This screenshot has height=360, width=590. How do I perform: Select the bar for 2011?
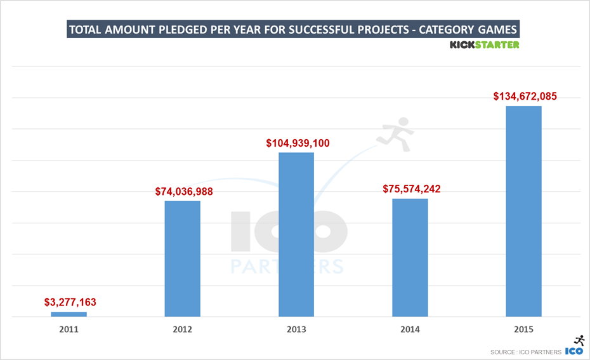pos(69,314)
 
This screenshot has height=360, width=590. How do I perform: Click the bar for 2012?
pos(182,258)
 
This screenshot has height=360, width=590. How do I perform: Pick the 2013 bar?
pos(296,234)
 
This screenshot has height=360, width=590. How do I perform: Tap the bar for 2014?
pos(410,257)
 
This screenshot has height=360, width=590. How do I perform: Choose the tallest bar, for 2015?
pos(523,211)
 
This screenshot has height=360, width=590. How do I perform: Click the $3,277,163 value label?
pos(70,302)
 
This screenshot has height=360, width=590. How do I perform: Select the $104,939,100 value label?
pos(298,143)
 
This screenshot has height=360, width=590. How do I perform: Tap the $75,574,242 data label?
pos(412,189)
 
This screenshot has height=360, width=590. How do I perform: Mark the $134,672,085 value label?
pos(525,97)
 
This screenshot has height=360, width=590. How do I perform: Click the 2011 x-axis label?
pos(69,330)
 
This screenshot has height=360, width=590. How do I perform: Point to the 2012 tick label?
pos(182,330)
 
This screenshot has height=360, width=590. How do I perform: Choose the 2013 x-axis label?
pos(296,330)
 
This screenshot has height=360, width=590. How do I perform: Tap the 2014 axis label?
pos(410,330)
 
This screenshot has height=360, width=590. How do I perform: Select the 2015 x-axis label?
pos(523,330)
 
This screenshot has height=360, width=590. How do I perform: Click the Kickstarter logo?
pos(484,45)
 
